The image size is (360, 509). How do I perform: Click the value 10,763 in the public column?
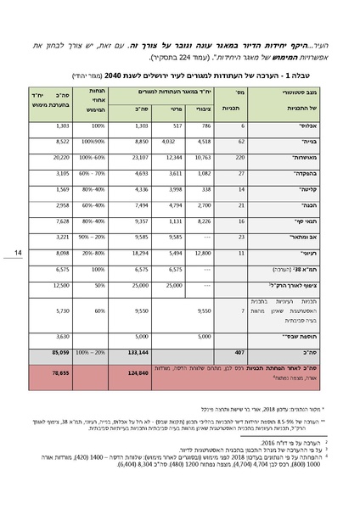pos(206,157)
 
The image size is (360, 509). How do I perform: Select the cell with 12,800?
pos(207,252)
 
